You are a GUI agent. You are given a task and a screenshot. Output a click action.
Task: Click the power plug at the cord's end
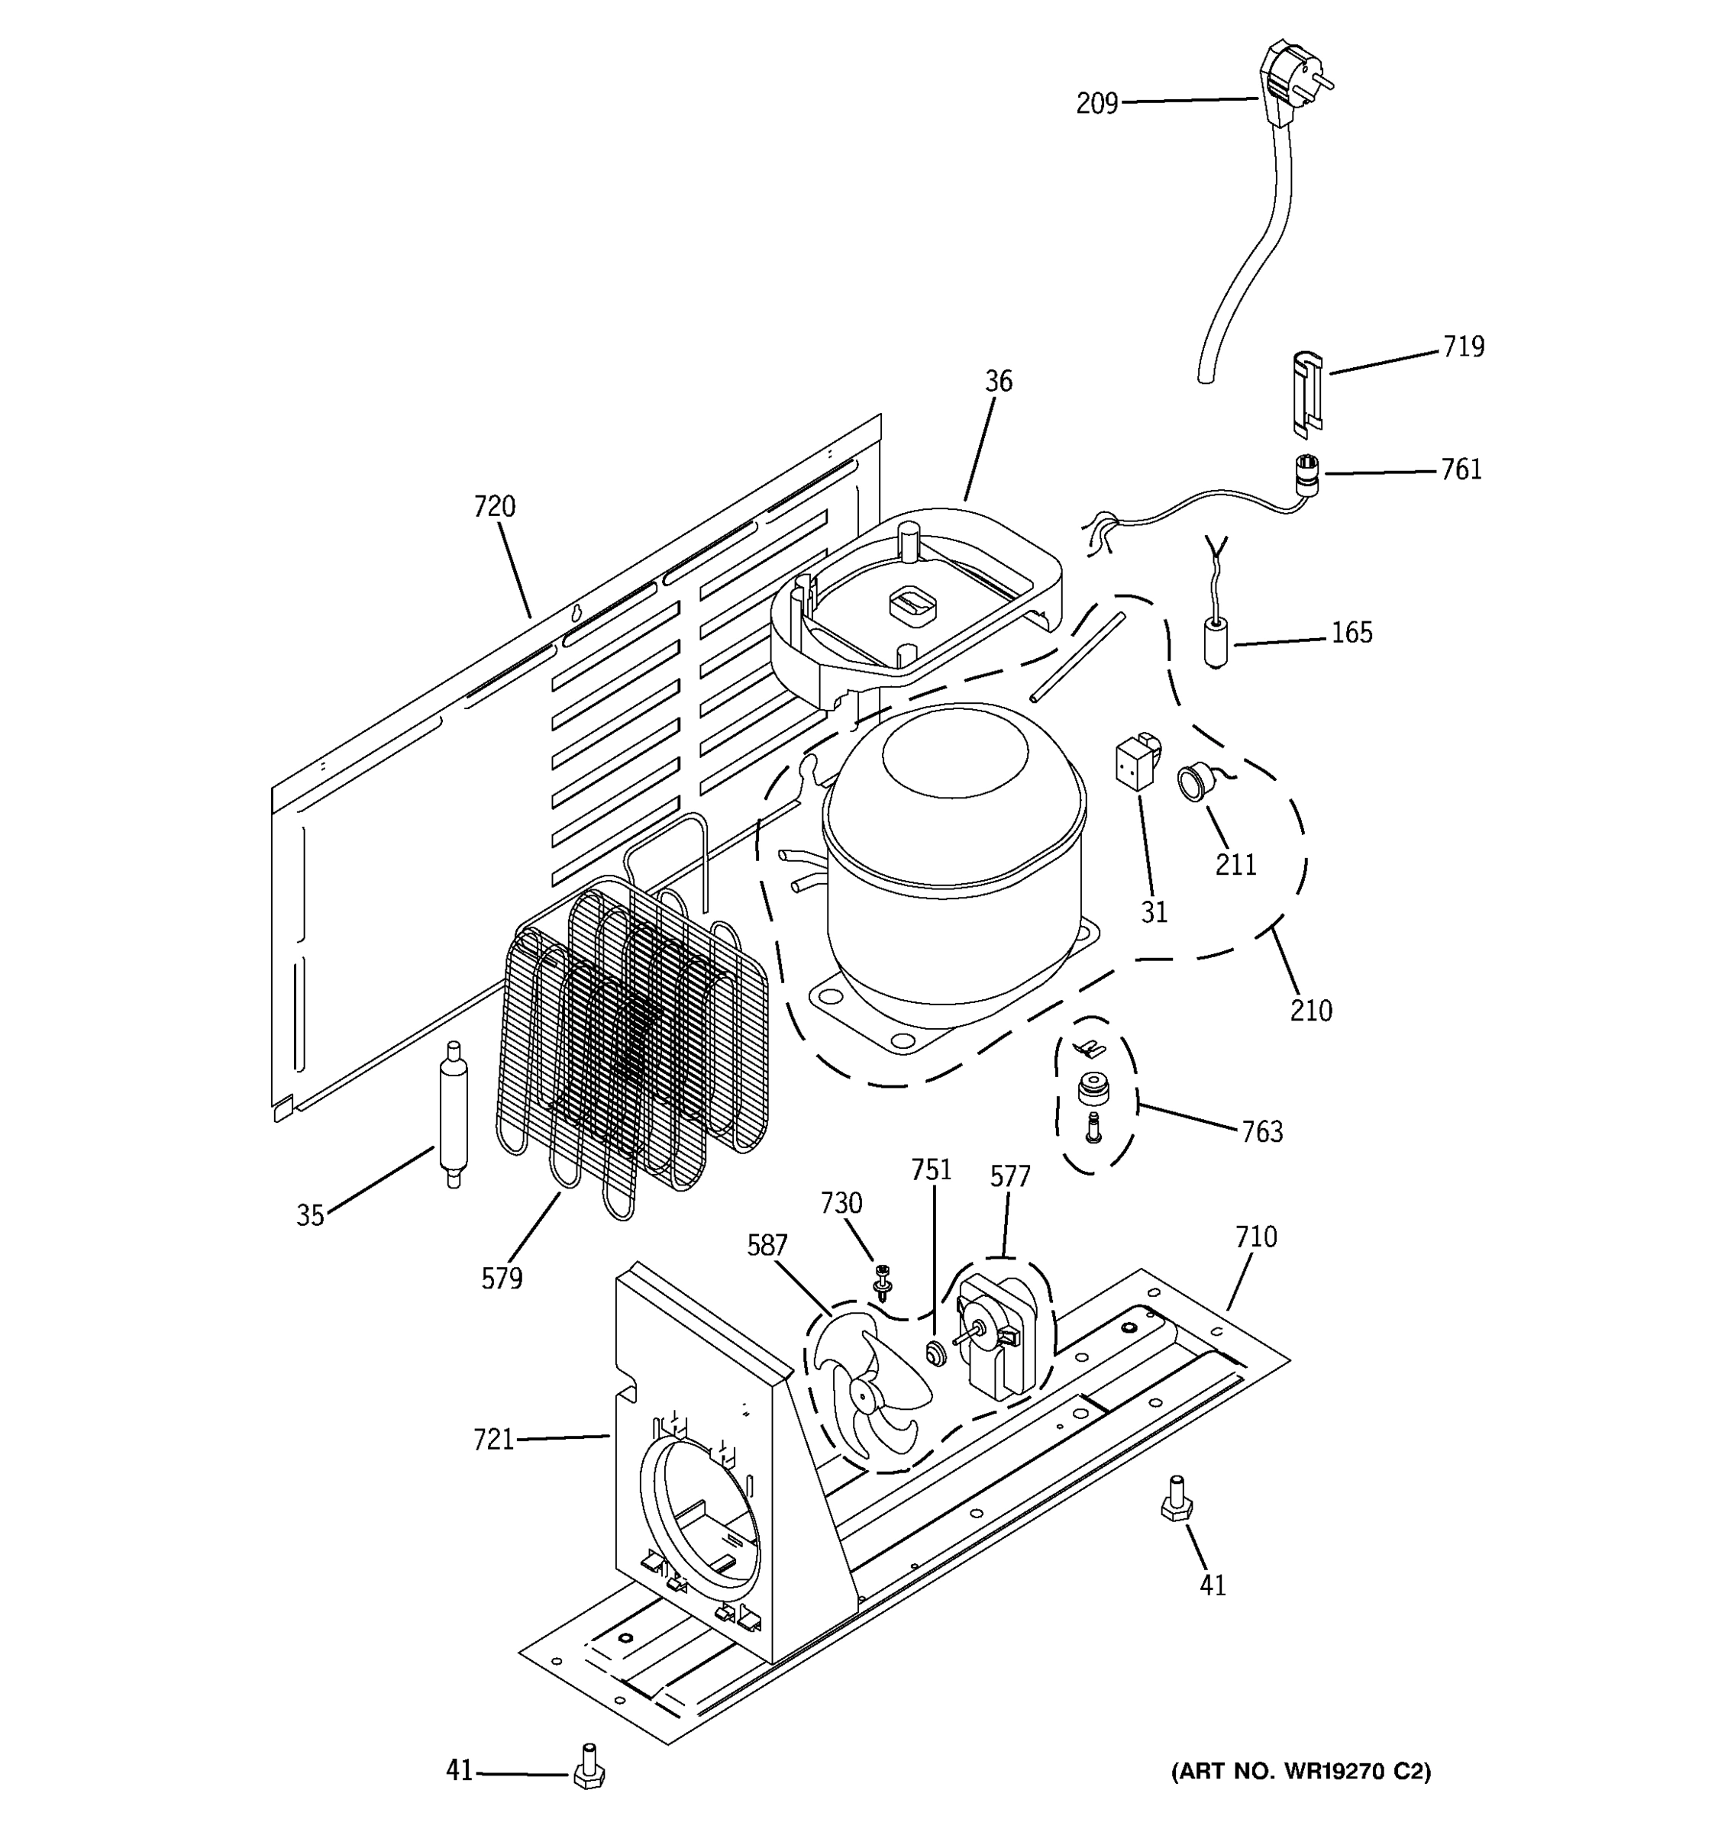click(x=1289, y=74)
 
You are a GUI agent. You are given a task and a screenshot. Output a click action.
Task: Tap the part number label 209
click(x=1096, y=104)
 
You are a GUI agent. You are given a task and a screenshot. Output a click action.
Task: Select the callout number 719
click(x=1464, y=347)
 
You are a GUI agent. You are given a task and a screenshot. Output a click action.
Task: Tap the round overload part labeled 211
click(x=1192, y=783)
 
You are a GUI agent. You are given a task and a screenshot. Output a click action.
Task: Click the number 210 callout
click(x=1310, y=1011)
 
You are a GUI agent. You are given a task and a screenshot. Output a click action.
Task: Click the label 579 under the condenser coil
click(x=502, y=1278)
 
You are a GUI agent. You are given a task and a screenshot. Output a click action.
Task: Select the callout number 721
click(x=493, y=1439)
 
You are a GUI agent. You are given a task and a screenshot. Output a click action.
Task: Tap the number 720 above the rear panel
click(x=494, y=507)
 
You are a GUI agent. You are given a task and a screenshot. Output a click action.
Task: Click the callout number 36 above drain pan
click(x=998, y=382)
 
